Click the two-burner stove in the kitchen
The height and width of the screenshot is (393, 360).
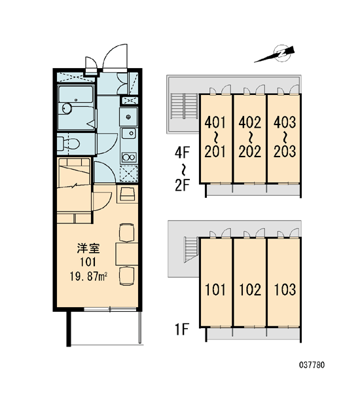(x=129, y=158)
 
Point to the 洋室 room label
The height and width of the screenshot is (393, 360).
(x=88, y=248)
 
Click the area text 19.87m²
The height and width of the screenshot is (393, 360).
(x=88, y=277)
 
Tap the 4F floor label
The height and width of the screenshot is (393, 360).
(x=182, y=153)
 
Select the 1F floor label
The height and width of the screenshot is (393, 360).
(x=181, y=329)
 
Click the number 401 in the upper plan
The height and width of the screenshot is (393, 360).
(x=215, y=122)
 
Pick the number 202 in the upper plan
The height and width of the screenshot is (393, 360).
(x=249, y=152)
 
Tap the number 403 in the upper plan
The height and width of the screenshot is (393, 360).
(x=285, y=122)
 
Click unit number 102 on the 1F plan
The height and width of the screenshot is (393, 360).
(x=250, y=290)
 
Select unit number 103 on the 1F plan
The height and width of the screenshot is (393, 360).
(x=285, y=290)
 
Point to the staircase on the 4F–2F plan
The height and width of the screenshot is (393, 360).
(x=184, y=107)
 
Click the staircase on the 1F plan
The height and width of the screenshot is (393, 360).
(x=191, y=250)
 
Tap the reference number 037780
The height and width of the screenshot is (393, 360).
(x=312, y=365)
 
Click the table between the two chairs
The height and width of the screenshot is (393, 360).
(x=127, y=254)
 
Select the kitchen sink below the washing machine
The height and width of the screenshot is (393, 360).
(x=129, y=134)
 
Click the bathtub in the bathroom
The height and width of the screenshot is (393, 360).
(x=76, y=94)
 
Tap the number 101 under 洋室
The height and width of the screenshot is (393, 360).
(x=88, y=262)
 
